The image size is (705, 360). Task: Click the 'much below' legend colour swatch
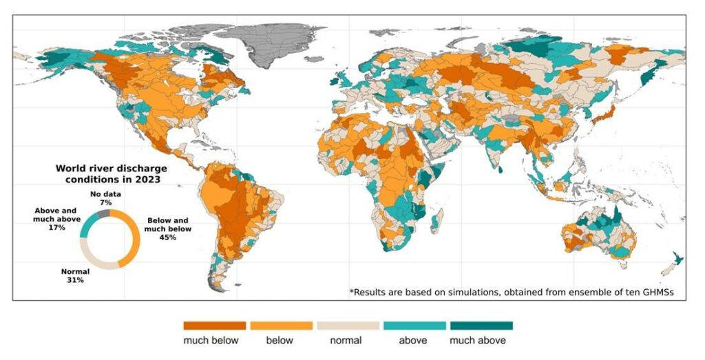click(214, 326)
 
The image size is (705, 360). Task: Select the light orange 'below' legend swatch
click(281, 326)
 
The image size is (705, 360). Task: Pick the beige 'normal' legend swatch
click(348, 326)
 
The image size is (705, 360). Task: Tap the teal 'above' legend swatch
click(414, 326)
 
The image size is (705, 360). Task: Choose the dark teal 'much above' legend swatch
click(481, 326)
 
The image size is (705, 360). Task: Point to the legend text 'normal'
click(347, 340)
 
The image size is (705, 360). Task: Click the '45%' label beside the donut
click(168, 237)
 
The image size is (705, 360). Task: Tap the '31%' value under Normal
click(75, 281)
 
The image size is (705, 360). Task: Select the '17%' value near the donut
click(56, 226)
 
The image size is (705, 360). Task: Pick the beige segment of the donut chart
click(93, 260)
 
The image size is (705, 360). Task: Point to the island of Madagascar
click(436, 222)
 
